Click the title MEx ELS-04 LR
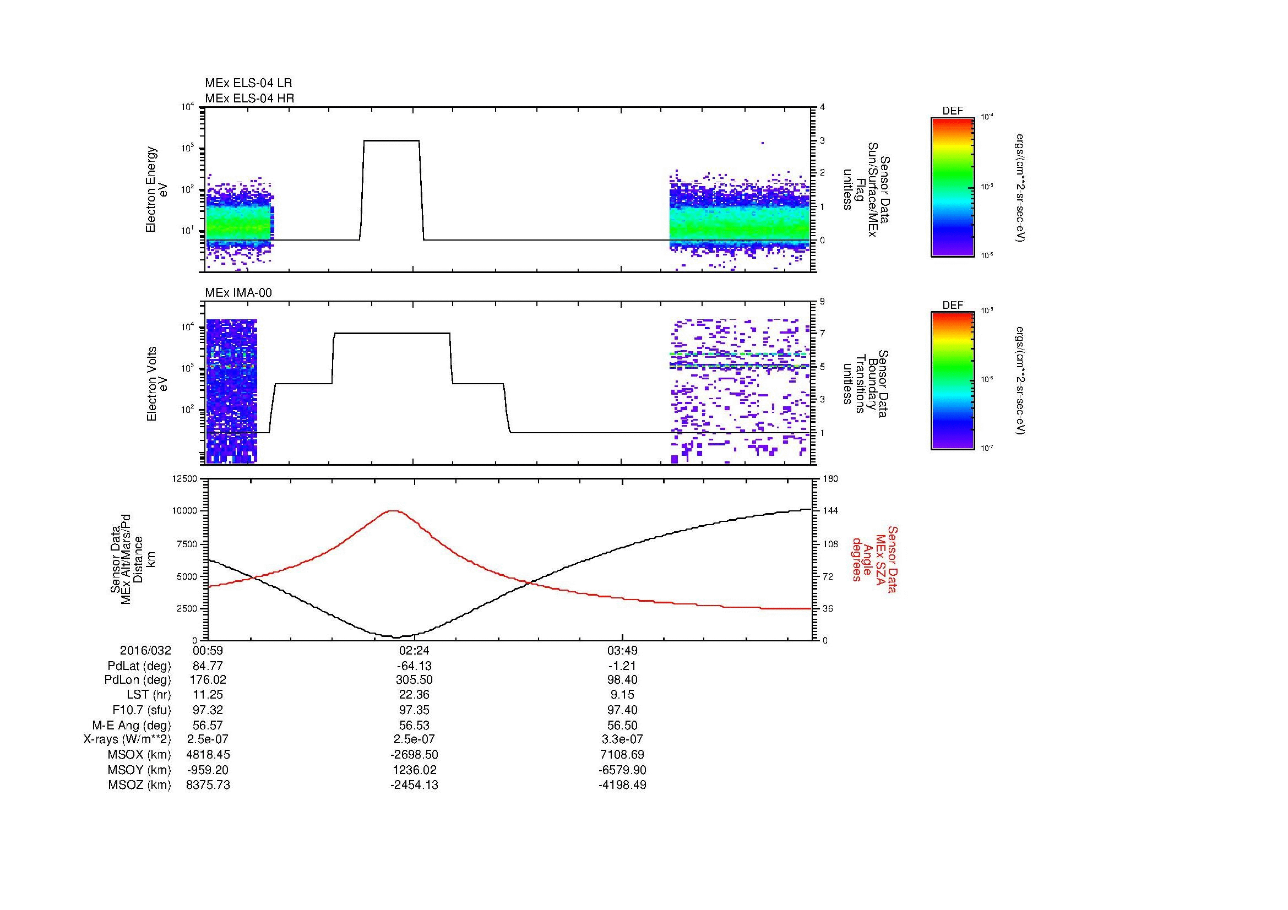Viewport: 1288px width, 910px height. point(248,83)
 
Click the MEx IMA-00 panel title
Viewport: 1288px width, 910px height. point(238,293)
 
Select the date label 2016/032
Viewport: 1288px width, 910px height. point(145,651)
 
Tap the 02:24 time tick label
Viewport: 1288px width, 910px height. point(414,651)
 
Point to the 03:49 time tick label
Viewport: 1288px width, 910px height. point(622,651)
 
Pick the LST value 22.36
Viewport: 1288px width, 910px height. point(414,695)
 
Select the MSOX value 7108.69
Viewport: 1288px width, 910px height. point(622,755)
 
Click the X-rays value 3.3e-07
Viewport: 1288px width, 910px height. point(622,739)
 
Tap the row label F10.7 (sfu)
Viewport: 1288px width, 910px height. point(142,710)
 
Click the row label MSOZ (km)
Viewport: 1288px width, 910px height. point(140,785)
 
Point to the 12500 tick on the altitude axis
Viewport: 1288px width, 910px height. point(184,478)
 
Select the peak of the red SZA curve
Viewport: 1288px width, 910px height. point(393,511)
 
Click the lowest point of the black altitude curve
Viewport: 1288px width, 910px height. point(396,637)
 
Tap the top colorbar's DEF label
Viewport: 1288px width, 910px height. point(953,111)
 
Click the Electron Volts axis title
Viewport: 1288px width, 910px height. point(152,384)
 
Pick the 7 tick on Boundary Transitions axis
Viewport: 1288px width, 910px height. point(822,334)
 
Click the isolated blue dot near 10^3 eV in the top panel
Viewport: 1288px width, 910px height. point(763,144)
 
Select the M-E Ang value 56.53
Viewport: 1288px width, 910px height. point(414,725)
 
